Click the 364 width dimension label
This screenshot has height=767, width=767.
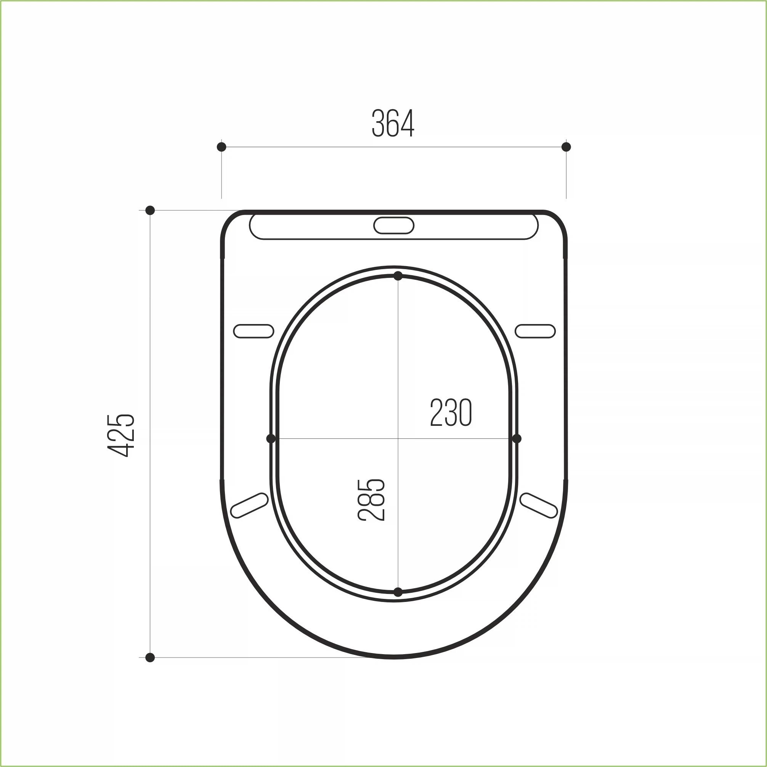(393, 124)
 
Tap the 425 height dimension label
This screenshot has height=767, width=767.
(121, 435)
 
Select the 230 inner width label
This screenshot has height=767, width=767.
(451, 412)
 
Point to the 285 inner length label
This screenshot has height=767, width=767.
(371, 500)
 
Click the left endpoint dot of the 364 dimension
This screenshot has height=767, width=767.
(221, 147)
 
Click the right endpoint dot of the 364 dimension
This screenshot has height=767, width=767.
(566, 147)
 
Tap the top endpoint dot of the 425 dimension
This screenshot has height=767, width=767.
(150, 210)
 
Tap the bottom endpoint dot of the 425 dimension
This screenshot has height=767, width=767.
(150, 658)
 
